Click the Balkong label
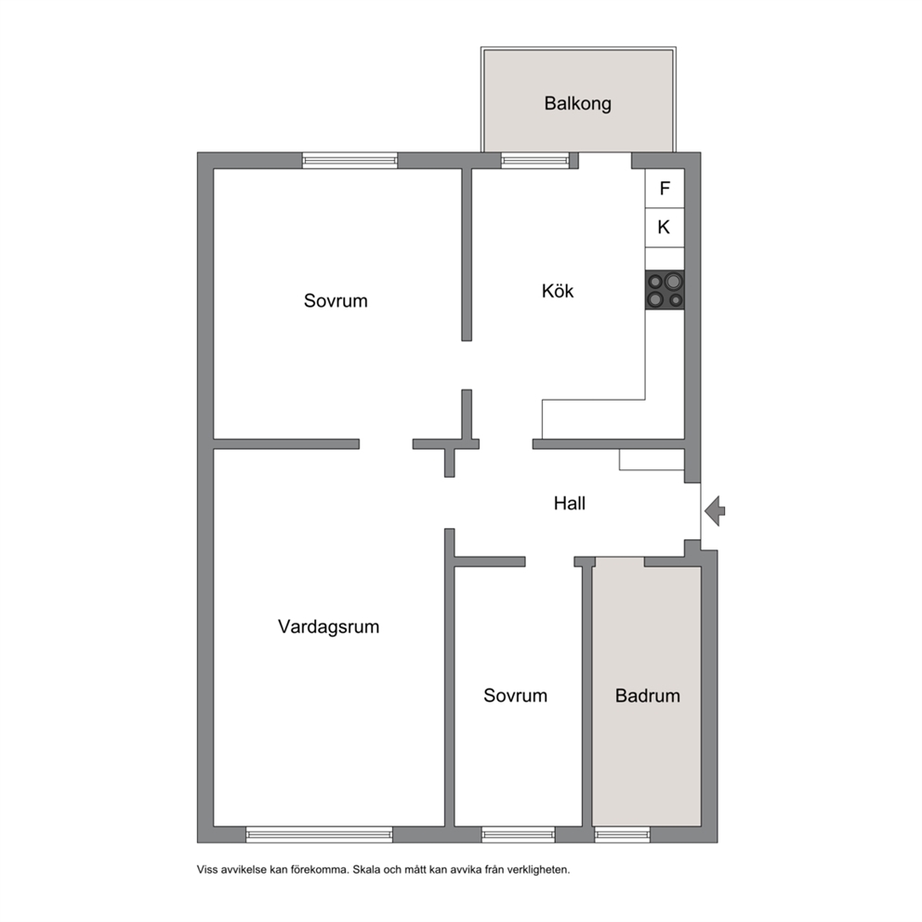pos(577,103)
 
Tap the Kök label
pos(558,291)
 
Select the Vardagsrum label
pos(329,626)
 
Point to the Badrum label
pos(648,695)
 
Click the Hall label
pos(569,504)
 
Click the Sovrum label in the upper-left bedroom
pos(336,300)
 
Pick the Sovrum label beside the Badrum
pos(515,695)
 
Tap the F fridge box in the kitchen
pos(665,188)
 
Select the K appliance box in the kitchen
pos(665,228)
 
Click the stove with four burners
pos(665,290)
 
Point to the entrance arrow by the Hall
pos(715,510)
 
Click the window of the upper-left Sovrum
pos(349,160)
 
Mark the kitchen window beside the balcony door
pos(535,160)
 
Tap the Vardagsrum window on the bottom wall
pos(320,835)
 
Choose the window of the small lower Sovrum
pos(518,835)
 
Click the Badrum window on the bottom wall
pos(622,835)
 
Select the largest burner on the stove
pos(672,281)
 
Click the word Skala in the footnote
pos(367,870)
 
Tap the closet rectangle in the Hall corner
pos(652,459)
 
